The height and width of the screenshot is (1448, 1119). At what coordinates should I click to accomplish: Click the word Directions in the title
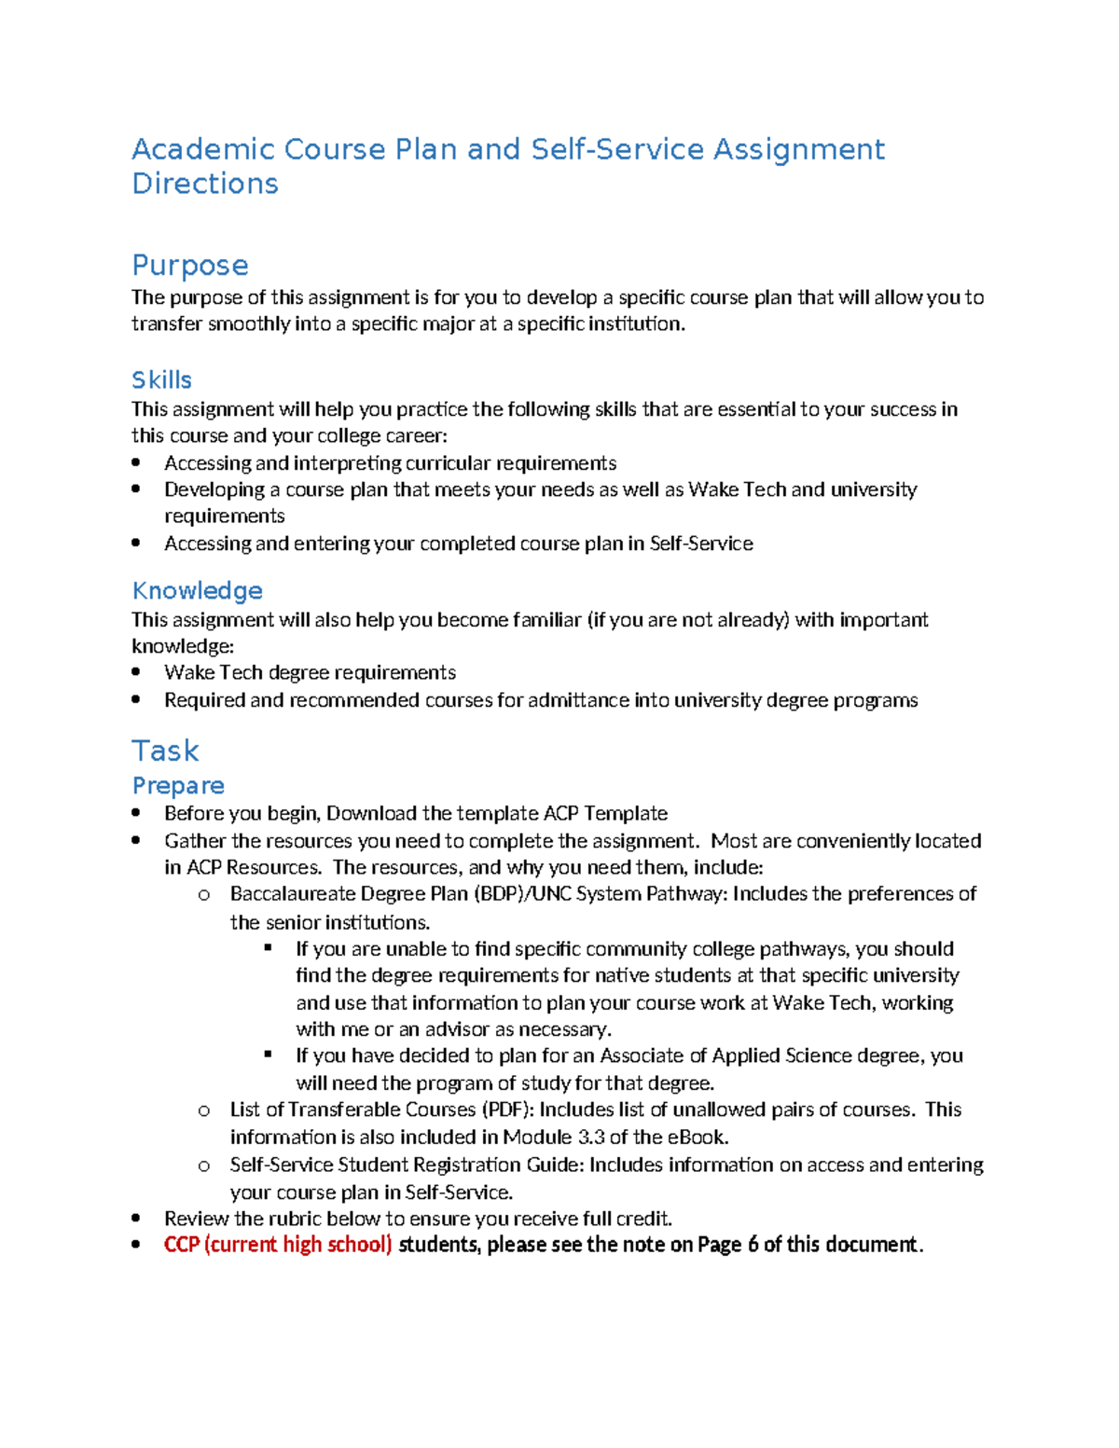coord(205,184)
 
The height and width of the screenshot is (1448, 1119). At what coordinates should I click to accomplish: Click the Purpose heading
coord(190,265)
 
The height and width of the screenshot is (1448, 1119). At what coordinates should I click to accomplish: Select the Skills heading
coord(162,379)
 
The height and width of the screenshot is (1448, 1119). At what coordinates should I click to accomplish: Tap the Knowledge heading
coord(198,590)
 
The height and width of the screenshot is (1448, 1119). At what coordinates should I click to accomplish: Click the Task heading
coord(166,751)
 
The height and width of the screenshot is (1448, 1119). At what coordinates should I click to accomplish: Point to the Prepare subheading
coord(178,785)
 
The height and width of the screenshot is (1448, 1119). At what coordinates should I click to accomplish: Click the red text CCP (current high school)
coord(278,1245)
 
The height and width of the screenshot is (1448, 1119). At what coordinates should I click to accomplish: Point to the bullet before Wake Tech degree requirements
coord(136,672)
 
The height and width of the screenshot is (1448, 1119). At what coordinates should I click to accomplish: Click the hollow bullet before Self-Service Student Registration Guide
coord(204,1165)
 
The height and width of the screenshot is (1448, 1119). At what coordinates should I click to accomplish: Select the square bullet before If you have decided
coord(269,1055)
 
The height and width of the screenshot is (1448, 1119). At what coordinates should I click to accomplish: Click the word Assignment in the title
coord(798,149)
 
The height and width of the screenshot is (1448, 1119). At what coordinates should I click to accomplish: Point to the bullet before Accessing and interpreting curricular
coord(136,462)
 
